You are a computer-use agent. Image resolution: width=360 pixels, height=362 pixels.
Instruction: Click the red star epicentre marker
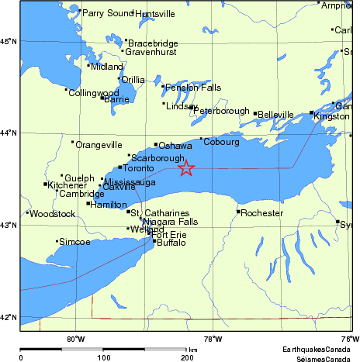tap(185, 167)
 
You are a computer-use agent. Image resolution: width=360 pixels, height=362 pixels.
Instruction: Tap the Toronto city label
tap(140, 168)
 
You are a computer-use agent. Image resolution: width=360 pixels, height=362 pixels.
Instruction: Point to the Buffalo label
tap(171, 243)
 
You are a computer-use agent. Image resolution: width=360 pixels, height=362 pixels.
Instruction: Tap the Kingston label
tap(332, 116)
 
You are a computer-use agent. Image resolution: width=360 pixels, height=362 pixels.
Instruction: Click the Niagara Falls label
tap(170, 222)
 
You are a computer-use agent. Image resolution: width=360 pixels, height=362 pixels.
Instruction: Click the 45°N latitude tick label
tap(9, 40)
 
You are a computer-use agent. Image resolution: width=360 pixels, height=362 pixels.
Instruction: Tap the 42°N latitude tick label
tap(9, 318)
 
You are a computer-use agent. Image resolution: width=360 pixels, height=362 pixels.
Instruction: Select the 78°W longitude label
tap(213, 338)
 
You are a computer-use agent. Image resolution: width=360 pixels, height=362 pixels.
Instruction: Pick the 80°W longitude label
tap(75, 338)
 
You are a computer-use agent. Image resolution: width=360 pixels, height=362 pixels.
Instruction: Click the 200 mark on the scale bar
tap(187, 358)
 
